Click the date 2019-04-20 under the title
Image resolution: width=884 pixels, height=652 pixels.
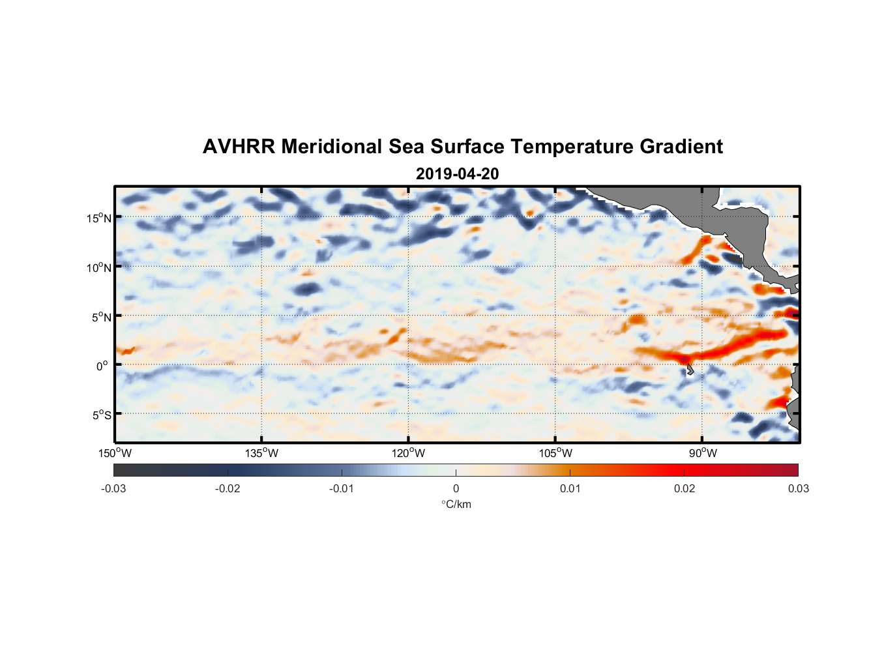457,174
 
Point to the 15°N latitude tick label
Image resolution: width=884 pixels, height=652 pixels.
98,218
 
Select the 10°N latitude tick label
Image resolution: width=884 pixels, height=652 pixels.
98,267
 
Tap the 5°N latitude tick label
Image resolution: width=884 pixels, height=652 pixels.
101,317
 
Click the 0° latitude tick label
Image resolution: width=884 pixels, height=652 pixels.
102,366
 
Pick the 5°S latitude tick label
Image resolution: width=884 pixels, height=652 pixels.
101,415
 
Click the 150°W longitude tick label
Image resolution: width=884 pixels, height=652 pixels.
115,453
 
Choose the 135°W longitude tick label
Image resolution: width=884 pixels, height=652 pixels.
261,453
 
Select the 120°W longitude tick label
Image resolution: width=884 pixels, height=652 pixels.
408,453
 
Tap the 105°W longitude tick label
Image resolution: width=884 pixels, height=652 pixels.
555,453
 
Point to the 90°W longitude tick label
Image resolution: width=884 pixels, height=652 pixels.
703,453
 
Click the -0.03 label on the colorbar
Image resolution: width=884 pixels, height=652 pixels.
113,488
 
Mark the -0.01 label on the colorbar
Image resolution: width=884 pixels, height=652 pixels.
342,488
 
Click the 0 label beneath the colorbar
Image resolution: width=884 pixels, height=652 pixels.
456,488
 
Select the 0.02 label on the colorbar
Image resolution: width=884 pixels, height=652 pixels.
685,488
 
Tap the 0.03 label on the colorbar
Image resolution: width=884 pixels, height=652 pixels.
798,488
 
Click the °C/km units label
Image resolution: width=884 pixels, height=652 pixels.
456,504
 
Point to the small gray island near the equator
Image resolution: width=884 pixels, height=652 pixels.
690,370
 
